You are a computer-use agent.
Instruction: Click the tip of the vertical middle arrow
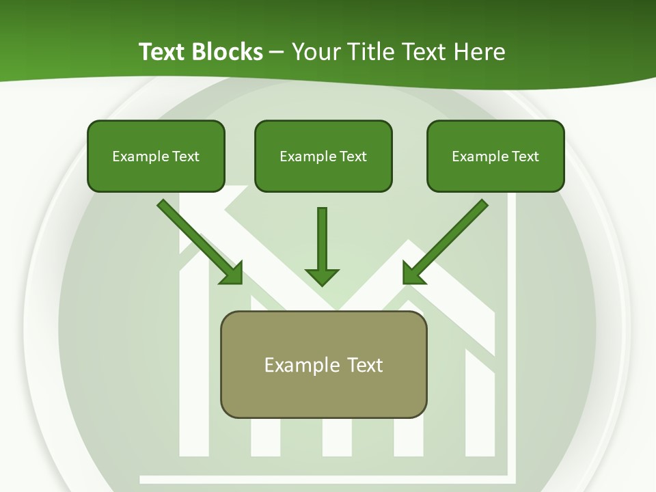click(x=322, y=283)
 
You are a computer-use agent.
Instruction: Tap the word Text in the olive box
click(x=365, y=365)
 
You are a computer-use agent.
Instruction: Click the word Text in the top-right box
click(x=525, y=156)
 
